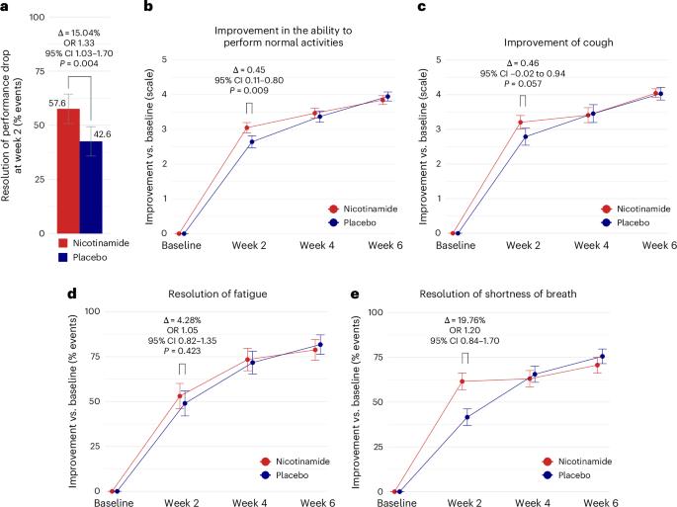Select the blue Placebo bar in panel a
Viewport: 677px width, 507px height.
click(x=91, y=187)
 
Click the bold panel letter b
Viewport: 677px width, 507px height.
click(x=147, y=7)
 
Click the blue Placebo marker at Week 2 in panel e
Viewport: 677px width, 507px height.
click(x=467, y=417)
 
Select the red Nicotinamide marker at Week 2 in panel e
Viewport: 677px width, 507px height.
click(x=461, y=381)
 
